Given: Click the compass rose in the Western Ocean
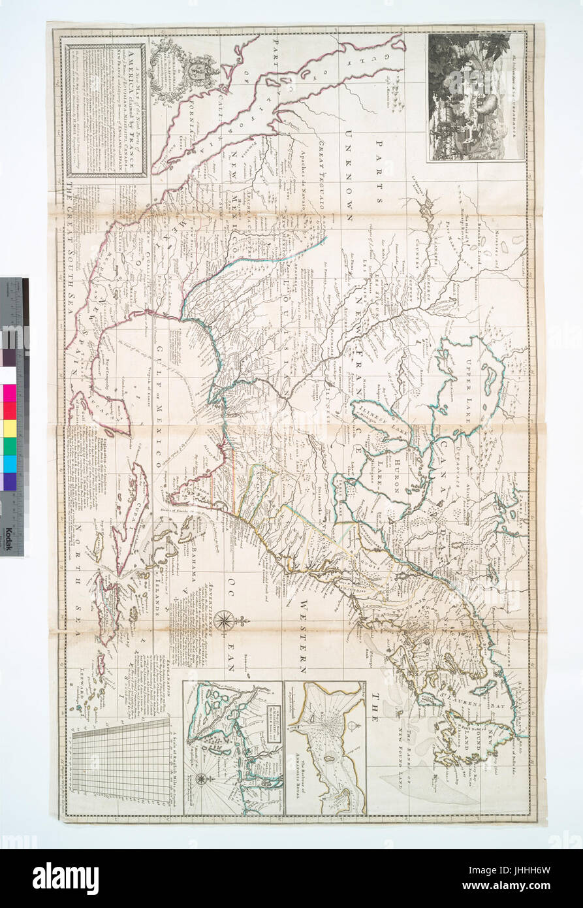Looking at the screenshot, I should click(224, 619).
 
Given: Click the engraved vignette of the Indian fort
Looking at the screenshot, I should click(476, 97).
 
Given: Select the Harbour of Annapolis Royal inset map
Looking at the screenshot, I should click(325, 747).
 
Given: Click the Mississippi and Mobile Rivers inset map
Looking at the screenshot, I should click(232, 747).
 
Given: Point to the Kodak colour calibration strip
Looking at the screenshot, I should click(13, 418).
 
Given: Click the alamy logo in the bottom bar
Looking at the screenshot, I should click(66, 878).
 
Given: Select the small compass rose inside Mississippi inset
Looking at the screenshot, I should click(202, 778).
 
